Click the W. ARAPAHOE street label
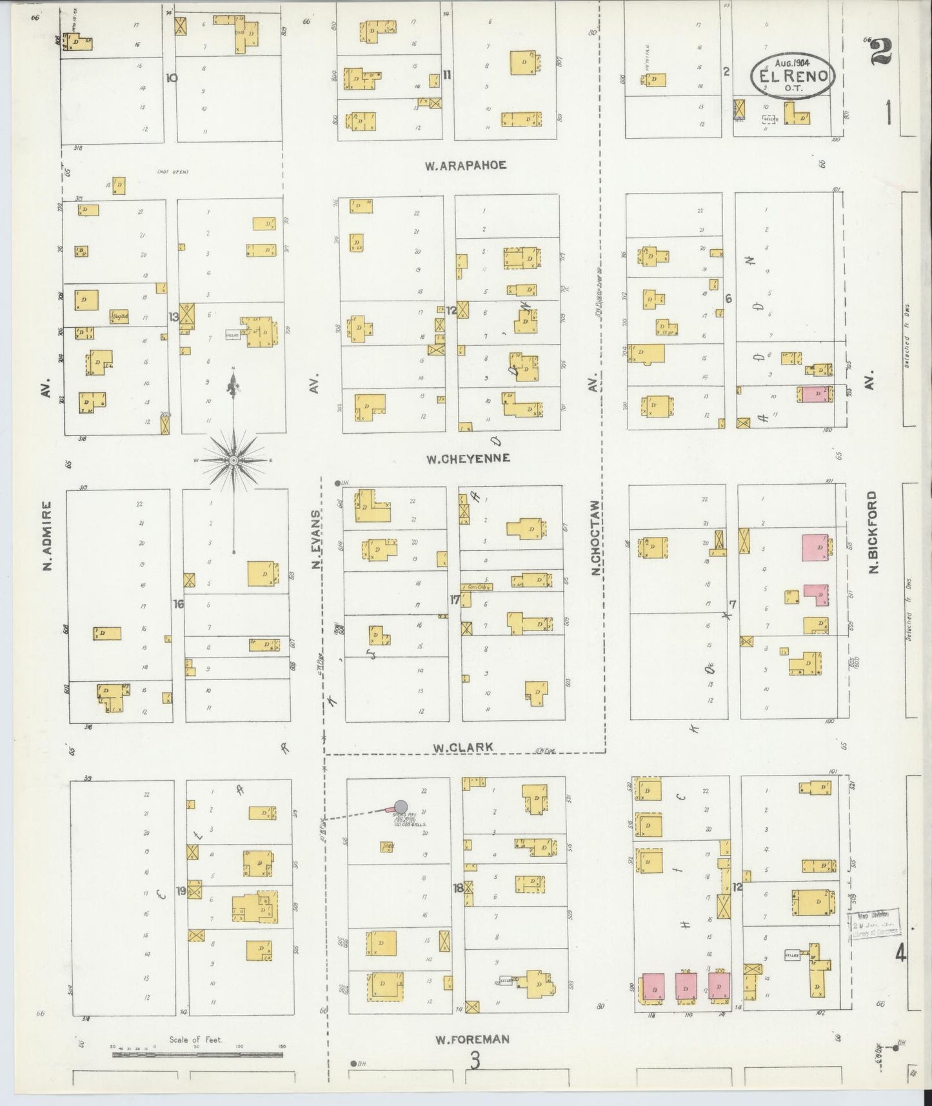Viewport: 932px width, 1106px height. point(465,166)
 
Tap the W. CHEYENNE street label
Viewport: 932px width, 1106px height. point(468,458)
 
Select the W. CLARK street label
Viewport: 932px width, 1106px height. point(462,747)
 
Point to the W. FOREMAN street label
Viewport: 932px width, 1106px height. point(472,1039)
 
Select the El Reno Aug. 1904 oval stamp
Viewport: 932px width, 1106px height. point(792,76)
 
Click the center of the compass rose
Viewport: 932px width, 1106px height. point(233,459)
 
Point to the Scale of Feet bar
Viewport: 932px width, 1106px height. point(197,1055)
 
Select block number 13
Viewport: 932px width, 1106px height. point(174,316)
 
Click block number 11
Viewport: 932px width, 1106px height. point(446,75)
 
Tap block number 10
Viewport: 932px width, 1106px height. point(171,77)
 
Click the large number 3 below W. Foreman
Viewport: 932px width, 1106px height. point(475,1060)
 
